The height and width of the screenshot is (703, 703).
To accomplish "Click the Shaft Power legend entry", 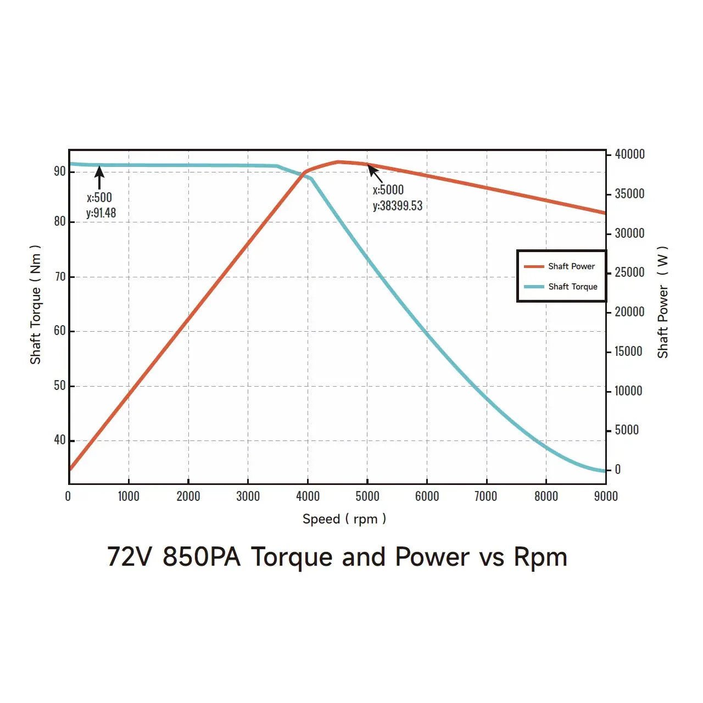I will (x=560, y=266).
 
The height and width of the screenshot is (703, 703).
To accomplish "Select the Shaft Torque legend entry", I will (x=561, y=287).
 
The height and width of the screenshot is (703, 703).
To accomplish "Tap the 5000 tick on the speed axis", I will (x=367, y=496).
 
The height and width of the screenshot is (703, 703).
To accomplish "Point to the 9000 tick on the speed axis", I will (x=606, y=496).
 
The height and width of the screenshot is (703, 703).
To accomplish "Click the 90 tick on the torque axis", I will (x=59, y=171).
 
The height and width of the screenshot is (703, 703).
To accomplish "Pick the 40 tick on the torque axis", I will (x=59, y=440).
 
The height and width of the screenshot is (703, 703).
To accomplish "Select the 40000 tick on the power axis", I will (x=629, y=154).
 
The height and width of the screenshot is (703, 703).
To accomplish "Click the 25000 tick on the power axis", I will (x=629, y=272).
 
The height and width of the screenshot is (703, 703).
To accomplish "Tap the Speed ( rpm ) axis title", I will (x=344, y=519).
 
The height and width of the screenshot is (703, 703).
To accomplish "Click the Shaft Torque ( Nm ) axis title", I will (x=36, y=304).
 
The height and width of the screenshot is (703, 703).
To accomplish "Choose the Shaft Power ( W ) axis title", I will (x=663, y=302).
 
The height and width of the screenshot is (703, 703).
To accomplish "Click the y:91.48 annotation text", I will (x=101, y=213).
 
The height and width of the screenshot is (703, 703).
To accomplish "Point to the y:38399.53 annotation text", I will (x=398, y=206).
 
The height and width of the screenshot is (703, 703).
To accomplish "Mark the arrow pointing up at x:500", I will (x=99, y=177).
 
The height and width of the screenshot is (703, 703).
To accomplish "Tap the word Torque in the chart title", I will (x=292, y=557).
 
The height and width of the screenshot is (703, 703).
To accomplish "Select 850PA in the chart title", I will (x=202, y=557).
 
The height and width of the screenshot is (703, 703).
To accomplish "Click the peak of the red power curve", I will (x=339, y=161).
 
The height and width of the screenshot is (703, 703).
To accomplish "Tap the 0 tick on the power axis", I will (x=618, y=470).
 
